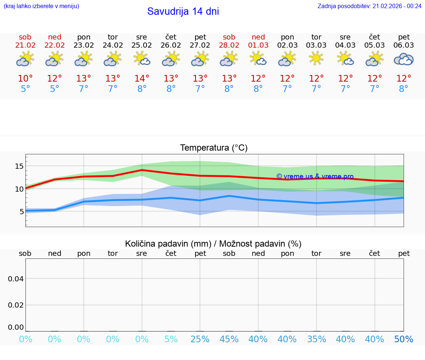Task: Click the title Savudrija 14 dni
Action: (x=183, y=11)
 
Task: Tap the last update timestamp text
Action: (x=369, y=6)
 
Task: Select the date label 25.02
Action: (x=142, y=45)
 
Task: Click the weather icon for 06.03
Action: (x=404, y=59)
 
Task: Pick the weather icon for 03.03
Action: (x=316, y=59)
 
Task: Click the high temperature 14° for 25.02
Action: (x=142, y=79)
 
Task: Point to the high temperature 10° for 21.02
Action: (x=25, y=79)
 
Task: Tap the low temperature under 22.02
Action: (x=55, y=89)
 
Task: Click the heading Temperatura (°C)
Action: (x=214, y=148)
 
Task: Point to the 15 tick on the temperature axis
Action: (x=19, y=166)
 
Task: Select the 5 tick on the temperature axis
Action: (x=21, y=212)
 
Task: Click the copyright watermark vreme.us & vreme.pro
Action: (x=315, y=176)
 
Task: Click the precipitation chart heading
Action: (x=213, y=244)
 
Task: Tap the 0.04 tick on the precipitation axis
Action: (x=16, y=279)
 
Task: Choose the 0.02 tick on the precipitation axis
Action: (x=16, y=305)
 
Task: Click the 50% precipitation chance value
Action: (x=404, y=339)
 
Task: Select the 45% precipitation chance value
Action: (x=229, y=339)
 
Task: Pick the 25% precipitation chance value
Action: (x=200, y=339)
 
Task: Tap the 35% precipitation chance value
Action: (x=316, y=339)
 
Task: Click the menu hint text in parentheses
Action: (x=41, y=6)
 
